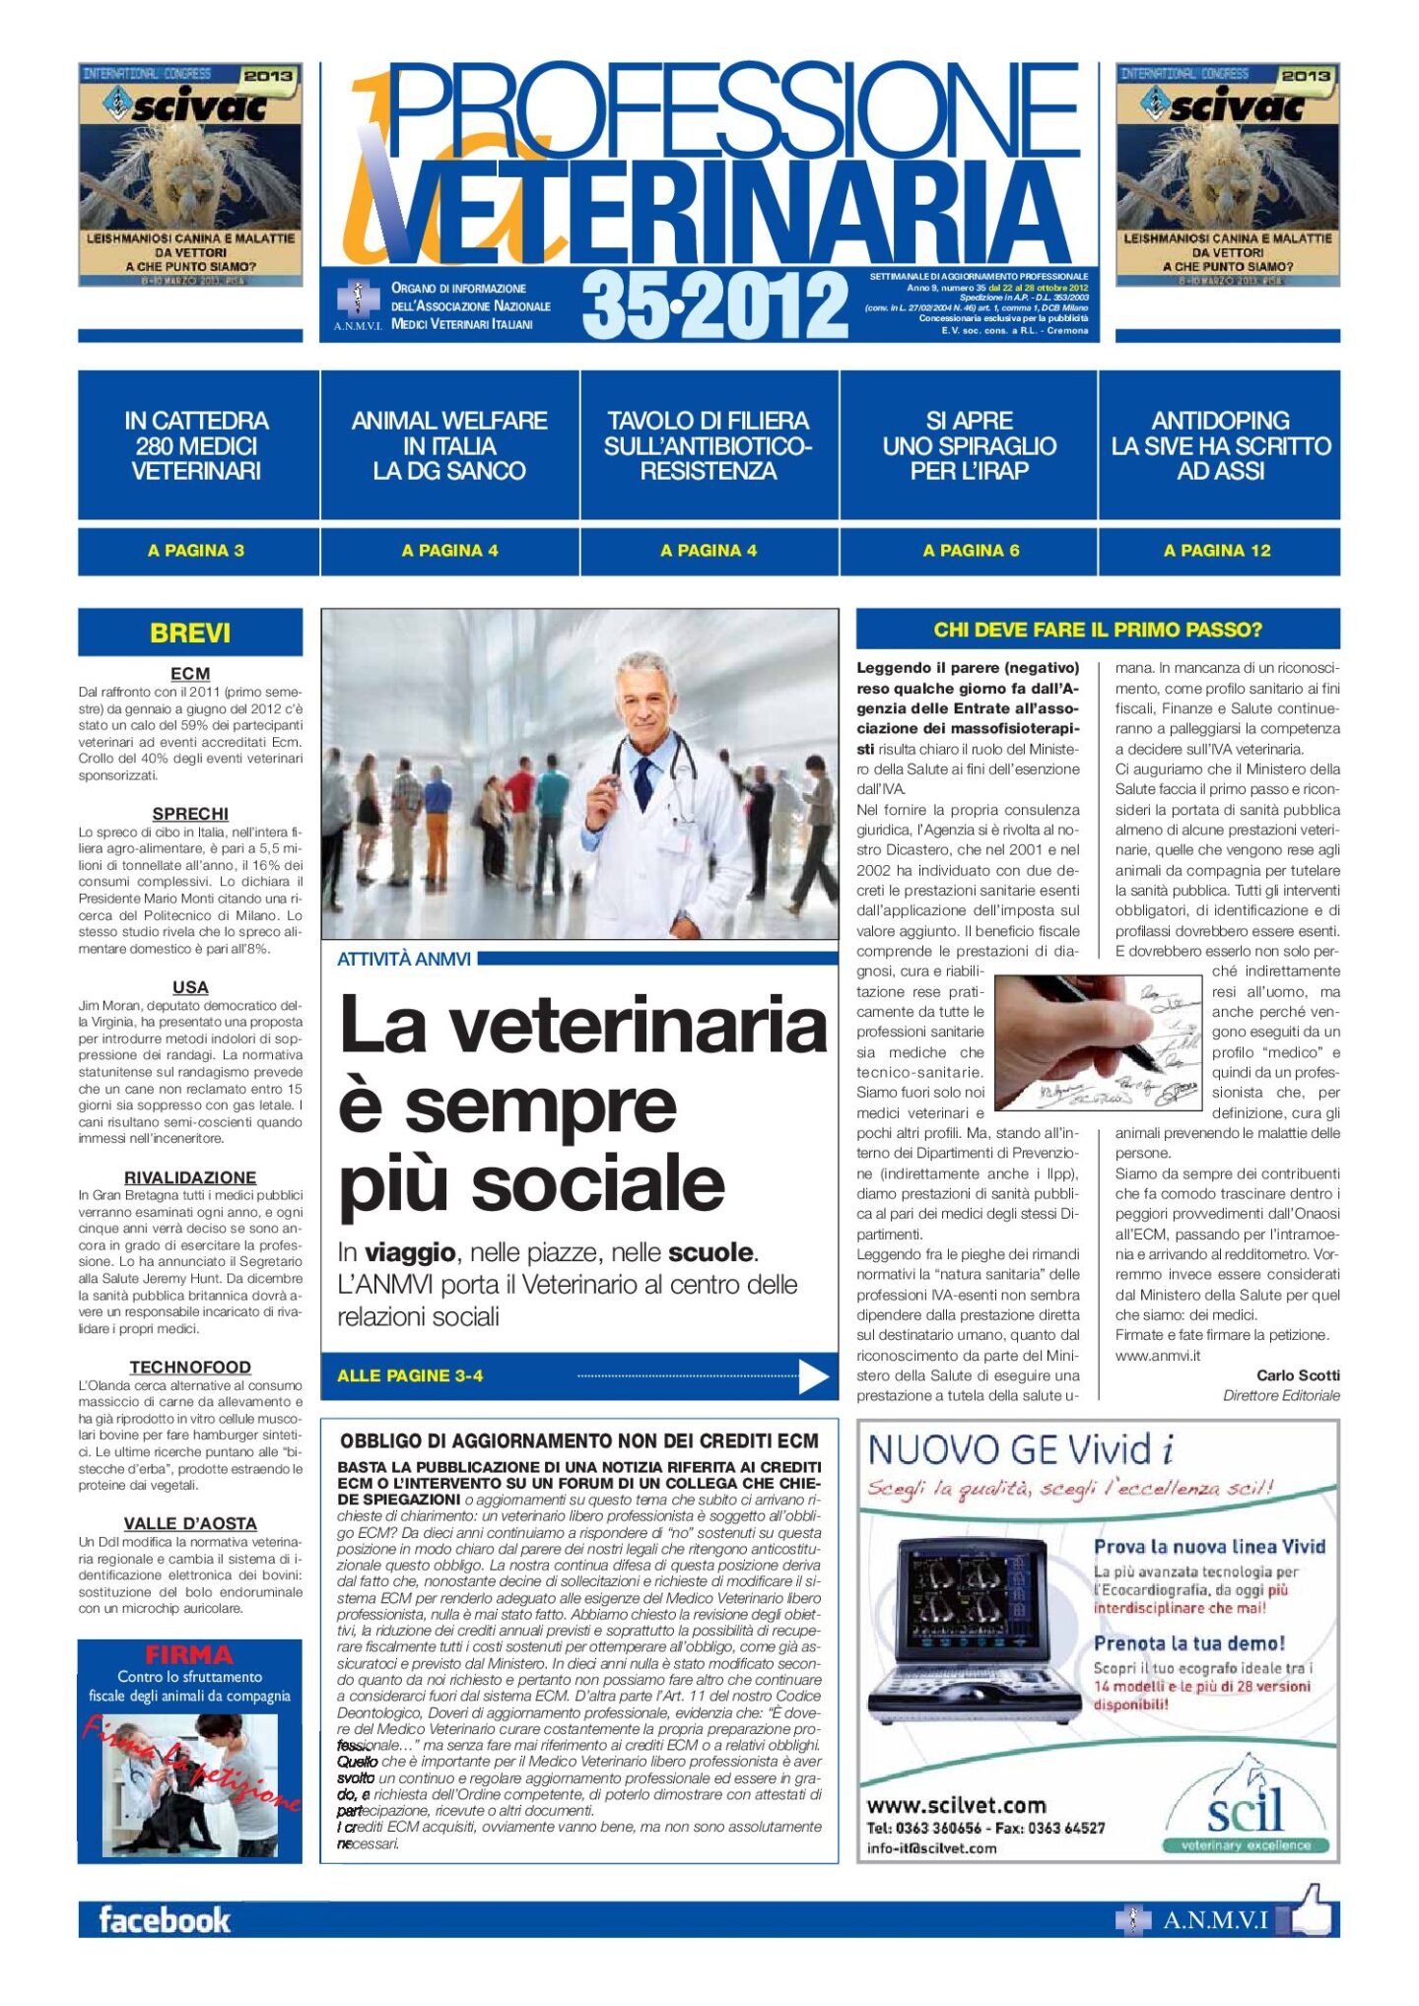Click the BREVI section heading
tap(190, 633)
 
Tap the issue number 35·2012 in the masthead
tap(714, 305)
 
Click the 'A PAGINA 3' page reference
tap(196, 551)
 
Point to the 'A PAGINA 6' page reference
tap(971, 551)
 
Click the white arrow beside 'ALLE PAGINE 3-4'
tap(813, 1376)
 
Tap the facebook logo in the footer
tap(165, 1919)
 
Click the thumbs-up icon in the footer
tap(1312, 1913)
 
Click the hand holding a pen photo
tap(1096, 1041)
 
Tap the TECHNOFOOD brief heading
tap(190, 1367)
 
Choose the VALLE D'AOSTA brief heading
tap(190, 1523)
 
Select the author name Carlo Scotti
tap(1298, 1375)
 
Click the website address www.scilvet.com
tap(956, 1806)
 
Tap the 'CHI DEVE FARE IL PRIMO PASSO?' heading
tap(1098, 630)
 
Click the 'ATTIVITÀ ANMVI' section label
tap(404, 959)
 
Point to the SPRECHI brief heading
tap(190, 814)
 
